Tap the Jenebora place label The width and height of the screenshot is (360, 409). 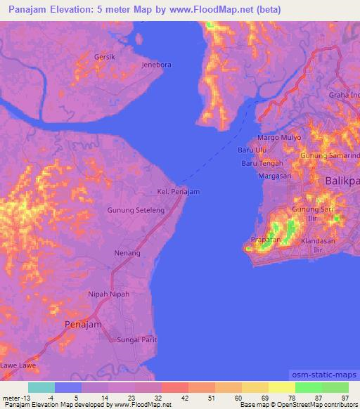pos(157,65)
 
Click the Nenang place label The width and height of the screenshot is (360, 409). pos(127,252)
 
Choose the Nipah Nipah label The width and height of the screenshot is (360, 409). pos(109,294)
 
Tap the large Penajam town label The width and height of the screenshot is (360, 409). pos(83,325)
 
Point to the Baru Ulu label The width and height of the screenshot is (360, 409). pos(252,150)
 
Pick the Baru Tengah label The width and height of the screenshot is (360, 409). pos(262,163)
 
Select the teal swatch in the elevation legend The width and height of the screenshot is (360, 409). pos(41,387)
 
